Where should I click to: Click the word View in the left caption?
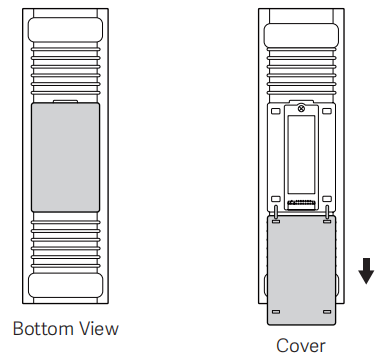point(99,329)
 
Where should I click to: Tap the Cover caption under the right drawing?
point(300,346)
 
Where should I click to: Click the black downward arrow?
point(366,271)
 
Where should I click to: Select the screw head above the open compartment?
point(301,108)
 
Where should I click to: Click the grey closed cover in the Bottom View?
point(65,157)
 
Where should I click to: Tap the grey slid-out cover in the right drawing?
point(302,270)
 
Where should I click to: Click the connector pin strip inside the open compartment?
point(301,203)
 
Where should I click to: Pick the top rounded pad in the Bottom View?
point(65,30)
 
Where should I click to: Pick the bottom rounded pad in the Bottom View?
point(65,286)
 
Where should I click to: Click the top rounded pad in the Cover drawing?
point(301,35)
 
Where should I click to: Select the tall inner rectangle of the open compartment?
point(301,155)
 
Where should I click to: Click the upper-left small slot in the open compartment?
point(276,111)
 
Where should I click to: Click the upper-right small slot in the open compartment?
point(327,111)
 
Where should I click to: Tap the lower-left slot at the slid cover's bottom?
point(276,312)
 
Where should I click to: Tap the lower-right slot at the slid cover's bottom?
point(327,312)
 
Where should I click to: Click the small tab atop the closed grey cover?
point(65,101)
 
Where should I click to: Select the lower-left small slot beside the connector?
point(276,199)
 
